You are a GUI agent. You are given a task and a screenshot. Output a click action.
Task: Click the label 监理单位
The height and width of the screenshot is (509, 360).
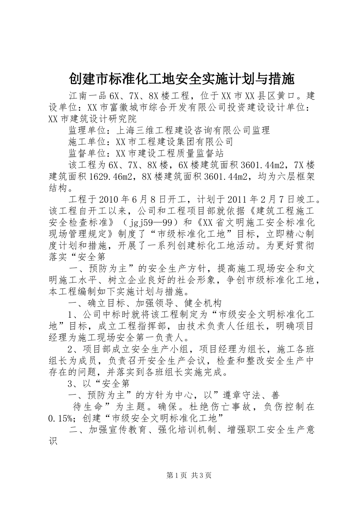coord(89,130)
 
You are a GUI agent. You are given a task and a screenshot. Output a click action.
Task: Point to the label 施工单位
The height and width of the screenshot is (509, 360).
coord(89,142)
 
